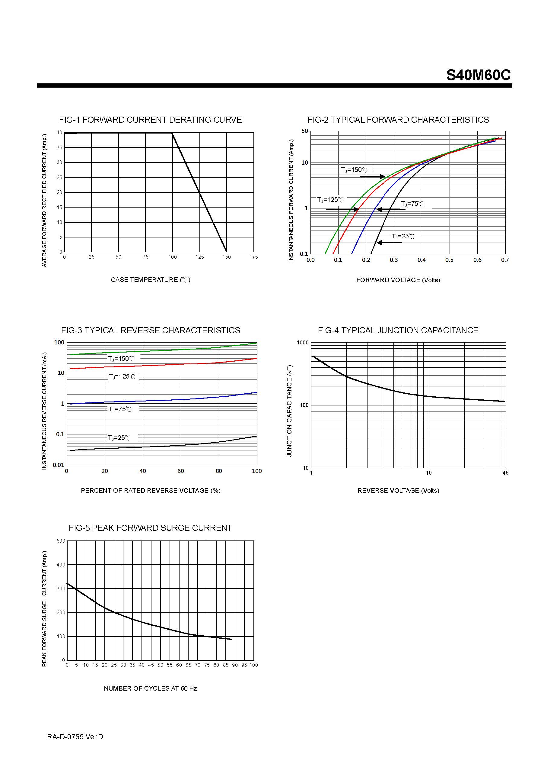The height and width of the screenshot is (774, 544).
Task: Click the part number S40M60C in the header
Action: (x=478, y=75)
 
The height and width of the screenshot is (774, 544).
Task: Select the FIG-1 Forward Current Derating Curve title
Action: (x=150, y=120)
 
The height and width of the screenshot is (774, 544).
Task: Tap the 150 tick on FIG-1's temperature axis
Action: (x=227, y=257)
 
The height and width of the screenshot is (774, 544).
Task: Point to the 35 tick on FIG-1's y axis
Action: (x=59, y=148)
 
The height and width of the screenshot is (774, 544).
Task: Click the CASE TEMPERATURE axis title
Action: (x=151, y=280)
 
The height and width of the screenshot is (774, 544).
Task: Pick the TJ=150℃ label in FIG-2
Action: (x=354, y=170)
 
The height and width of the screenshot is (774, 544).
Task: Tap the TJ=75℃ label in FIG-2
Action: (x=412, y=204)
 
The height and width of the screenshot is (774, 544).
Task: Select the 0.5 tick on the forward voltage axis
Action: (x=449, y=260)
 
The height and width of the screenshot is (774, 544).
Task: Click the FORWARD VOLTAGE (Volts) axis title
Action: (x=398, y=280)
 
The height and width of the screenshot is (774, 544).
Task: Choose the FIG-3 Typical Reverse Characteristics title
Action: (x=151, y=331)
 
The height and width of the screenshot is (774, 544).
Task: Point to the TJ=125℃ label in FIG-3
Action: (x=122, y=376)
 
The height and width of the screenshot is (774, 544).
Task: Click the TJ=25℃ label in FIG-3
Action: (x=119, y=438)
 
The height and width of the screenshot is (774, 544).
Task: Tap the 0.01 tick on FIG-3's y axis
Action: (x=58, y=465)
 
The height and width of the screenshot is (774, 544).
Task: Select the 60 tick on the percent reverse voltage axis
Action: (x=181, y=471)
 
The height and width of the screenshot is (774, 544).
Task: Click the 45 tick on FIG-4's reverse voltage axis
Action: (x=505, y=473)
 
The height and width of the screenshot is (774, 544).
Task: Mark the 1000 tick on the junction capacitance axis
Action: (x=303, y=343)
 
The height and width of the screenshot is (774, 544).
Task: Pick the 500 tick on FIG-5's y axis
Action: (x=61, y=541)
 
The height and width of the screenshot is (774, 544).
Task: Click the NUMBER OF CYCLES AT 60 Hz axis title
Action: (x=150, y=689)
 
